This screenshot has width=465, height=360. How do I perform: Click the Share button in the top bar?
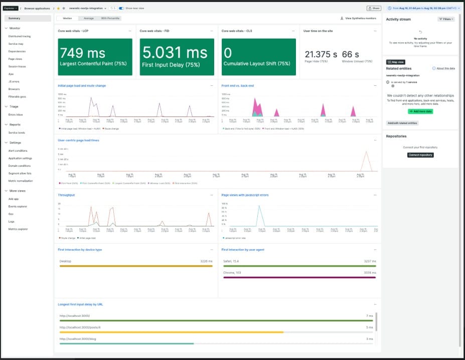point(374,8)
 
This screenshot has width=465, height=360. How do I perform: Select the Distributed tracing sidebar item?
point(20,36)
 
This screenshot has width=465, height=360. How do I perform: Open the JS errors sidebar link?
point(14,81)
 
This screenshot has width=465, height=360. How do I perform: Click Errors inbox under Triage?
point(16,114)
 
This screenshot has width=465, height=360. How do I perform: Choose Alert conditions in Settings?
point(18,151)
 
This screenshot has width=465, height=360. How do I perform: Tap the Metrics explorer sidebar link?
point(18,229)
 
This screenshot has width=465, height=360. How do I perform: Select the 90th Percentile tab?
point(110,18)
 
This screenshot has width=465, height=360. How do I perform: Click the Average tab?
point(89,18)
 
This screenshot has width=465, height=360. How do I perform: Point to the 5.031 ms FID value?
point(175,53)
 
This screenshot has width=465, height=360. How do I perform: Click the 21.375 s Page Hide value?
point(321,54)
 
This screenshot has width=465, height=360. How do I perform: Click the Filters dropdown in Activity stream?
point(446,19)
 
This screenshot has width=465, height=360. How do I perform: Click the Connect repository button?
point(420,155)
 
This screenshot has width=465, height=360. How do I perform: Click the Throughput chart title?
point(67,195)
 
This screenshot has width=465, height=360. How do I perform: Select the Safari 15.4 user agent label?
point(231,261)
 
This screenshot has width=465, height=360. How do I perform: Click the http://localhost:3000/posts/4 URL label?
point(80,327)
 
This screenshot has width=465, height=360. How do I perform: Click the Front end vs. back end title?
point(238,86)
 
